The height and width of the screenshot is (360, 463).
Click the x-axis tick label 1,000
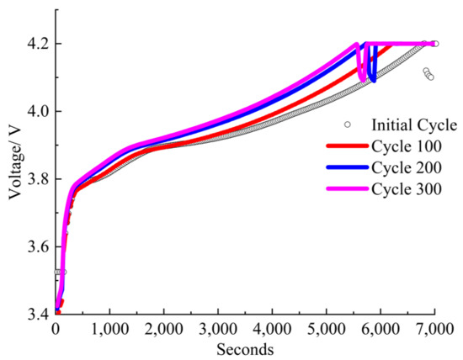(x=109, y=328)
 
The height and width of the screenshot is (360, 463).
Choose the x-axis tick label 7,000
(x=434, y=328)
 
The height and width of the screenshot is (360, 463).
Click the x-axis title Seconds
(x=245, y=347)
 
